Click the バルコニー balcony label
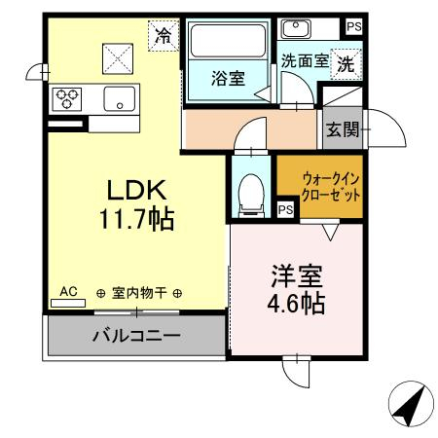[x=135, y=338]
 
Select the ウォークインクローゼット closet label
[x=333, y=187]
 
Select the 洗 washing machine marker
[x=346, y=64]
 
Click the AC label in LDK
[x=68, y=291]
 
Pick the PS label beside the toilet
[x=285, y=208]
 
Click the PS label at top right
[x=352, y=27]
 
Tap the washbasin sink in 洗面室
[x=295, y=27]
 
